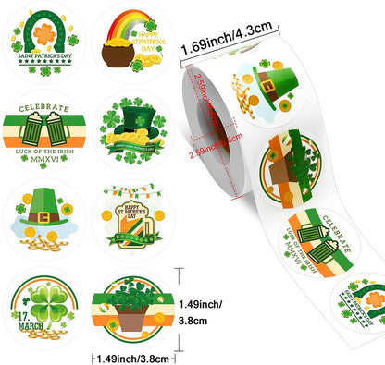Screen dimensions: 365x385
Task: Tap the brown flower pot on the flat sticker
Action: [x=136, y=319]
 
